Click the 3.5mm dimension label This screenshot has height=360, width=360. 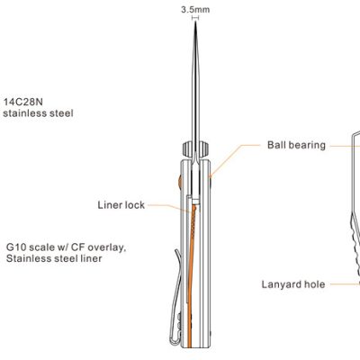(x=195, y=10)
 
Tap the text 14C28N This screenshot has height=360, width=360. (x=23, y=102)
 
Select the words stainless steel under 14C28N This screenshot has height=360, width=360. (x=38, y=113)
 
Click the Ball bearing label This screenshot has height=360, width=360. (x=296, y=145)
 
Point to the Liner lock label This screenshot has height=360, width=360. (x=121, y=205)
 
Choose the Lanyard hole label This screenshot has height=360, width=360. (x=293, y=284)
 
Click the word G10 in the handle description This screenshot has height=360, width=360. (x=15, y=247)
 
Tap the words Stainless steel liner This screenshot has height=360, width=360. (x=54, y=258)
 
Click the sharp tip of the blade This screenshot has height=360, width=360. (x=195, y=22)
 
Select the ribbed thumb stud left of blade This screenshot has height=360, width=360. (x=187, y=149)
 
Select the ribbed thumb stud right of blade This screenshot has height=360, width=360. (x=203, y=149)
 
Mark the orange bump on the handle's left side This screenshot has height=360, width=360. (x=180, y=182)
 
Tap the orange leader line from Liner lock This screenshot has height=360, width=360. (x=169, y=208)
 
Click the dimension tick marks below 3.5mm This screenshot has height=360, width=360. (x=195, y=18)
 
